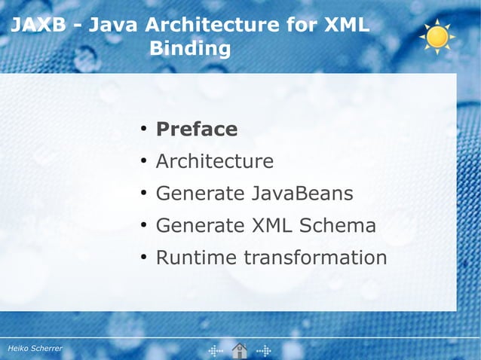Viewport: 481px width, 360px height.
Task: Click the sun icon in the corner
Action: [437, 35]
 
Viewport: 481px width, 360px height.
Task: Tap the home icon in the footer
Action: [240, 349]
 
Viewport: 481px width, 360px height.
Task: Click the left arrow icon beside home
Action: [216, 350]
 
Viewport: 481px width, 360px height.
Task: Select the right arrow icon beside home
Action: [264, 350]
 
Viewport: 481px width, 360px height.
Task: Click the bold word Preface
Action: [196, 130]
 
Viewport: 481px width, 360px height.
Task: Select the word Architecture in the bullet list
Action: [214, 161]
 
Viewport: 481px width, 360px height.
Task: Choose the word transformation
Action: [315, 258]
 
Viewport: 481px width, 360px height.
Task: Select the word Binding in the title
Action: [190, 49]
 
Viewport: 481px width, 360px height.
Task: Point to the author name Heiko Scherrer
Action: [35, 349]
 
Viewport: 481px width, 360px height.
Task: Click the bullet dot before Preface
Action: [142, 130]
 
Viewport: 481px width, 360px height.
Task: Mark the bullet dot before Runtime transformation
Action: [142, 258]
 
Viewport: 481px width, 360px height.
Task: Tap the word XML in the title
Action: [346, 26]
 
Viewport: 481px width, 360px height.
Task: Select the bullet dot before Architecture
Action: [142, 162]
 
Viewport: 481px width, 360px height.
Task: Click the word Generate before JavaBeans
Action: [198, 194]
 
